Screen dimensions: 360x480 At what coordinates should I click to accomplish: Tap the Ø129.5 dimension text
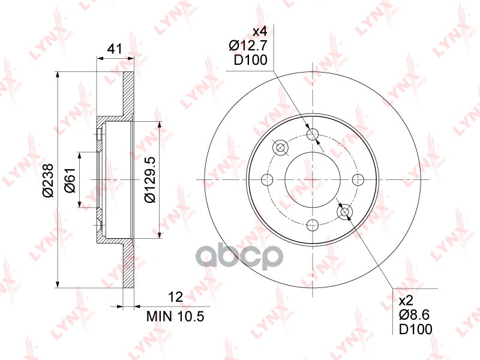(x=149, y=179)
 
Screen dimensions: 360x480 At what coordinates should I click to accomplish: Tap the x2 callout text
(x=408, y=299)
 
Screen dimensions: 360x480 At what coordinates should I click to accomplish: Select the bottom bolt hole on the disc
(x=313, y=225)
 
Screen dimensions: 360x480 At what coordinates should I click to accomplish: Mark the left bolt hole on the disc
(x=268, y=179)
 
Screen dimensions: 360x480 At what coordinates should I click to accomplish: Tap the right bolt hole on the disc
(x=358, y=179)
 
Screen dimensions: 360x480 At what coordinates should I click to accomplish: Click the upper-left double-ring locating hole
(x=280, y=148)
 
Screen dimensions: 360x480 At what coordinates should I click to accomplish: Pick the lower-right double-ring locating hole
(x=345, y=212)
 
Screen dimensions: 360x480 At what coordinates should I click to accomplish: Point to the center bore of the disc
(x=313, y=179)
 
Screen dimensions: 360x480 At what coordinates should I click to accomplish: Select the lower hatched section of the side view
(x=127, y=270)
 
